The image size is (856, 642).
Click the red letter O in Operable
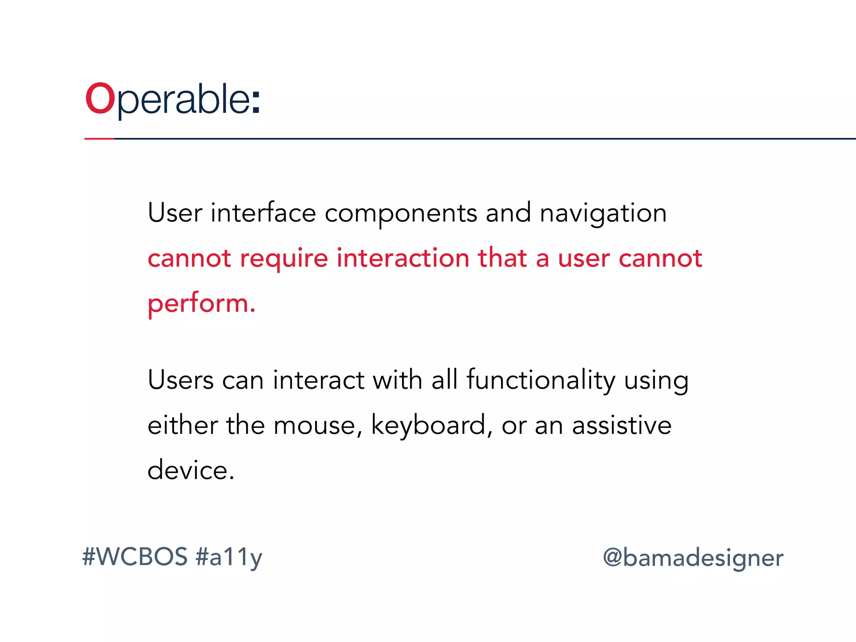pos(100,99)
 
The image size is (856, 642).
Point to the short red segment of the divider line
pos(99,138)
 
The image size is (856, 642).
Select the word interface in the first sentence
pos(263,213)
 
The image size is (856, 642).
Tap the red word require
pos(284,259)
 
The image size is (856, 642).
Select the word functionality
pos(541,381)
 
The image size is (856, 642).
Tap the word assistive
pos(622,425)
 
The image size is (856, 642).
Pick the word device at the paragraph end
pos(191,470)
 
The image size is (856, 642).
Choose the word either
pos(183,425)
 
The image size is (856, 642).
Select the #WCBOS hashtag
pos(135,557)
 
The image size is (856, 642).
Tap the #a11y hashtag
pos(229,558)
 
